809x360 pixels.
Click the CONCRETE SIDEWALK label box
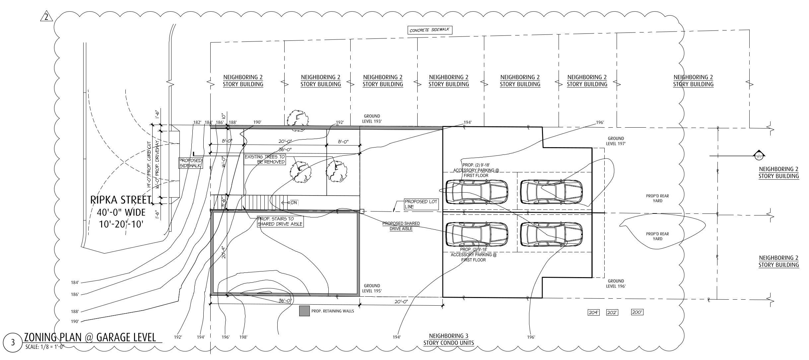[x=430, y=30]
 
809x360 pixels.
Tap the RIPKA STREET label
[x=121, y=200]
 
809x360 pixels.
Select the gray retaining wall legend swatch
[x=304, y=311]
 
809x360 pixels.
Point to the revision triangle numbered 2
[x=46, y=16]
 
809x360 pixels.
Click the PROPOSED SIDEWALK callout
[x=190, y=163]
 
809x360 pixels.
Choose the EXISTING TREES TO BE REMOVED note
[x=265, y=159]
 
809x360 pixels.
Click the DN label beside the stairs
[x=294, y=203]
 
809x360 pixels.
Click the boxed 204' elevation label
[x=593, y=312]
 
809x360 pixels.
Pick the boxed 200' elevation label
[x=637, y=312]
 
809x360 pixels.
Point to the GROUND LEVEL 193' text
[x=372, y=119]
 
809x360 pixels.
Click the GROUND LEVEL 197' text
[x=616, y=141]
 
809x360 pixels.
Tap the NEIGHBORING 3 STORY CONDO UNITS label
[x=448, y=339]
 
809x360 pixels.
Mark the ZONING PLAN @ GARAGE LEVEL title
[x=90, y=337]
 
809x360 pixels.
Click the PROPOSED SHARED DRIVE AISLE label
[x=401, y=226]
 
